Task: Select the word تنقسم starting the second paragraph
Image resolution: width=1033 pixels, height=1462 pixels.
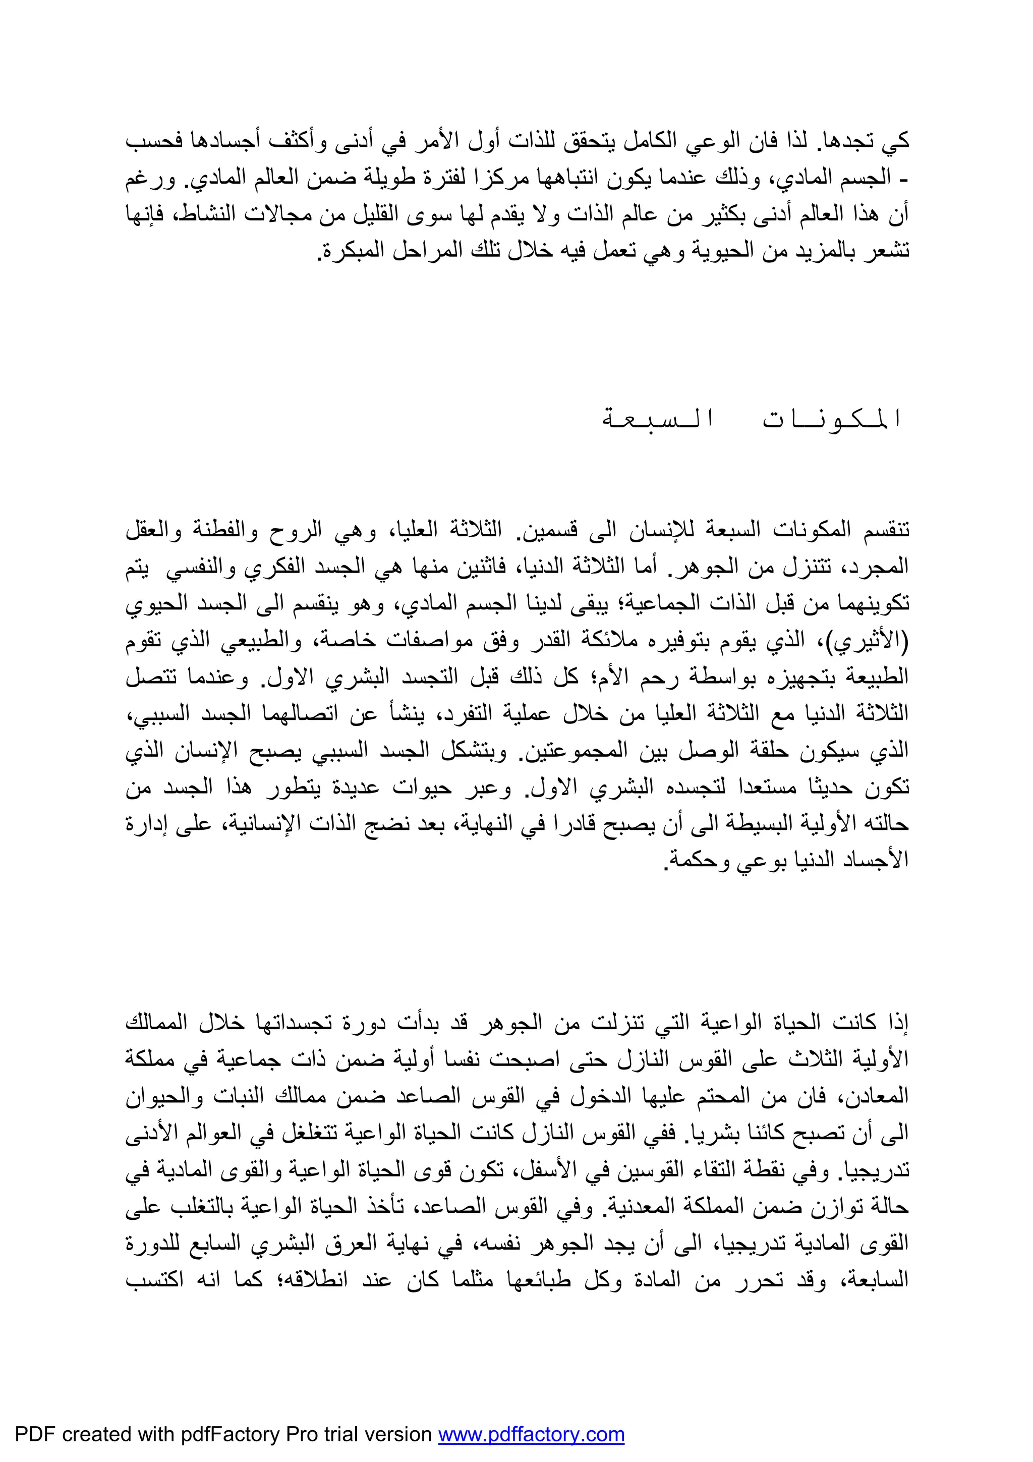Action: [882, 529]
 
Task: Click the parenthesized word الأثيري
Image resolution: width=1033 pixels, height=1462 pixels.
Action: [875, 640]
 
